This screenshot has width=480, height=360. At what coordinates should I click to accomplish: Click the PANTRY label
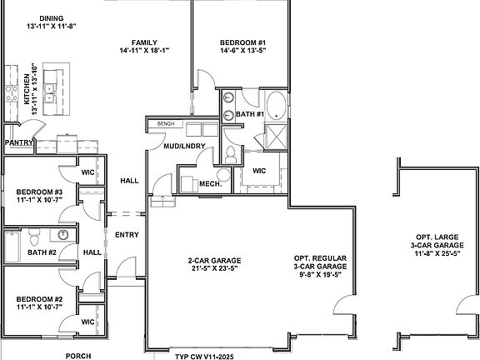tap(17, 143)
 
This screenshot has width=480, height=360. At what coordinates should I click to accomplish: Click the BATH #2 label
tap(40, 252)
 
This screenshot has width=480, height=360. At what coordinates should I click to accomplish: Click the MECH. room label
tap(208, 183)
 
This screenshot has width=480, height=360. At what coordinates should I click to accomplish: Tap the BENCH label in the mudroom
tap(167, 124)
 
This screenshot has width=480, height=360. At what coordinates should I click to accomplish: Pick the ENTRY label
tap(127, 234)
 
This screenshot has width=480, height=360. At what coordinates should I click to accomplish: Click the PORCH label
tap(80, 355)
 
